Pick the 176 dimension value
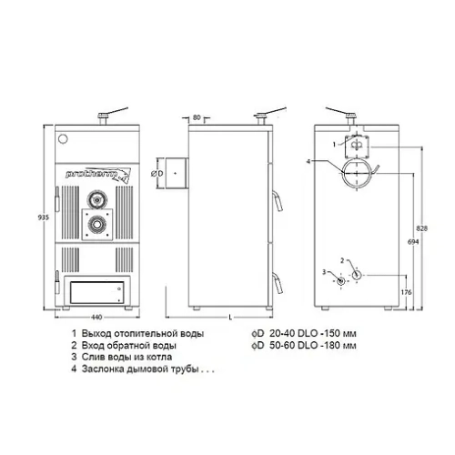406,291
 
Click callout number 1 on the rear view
334,143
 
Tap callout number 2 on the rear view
343,260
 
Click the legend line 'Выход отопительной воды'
136,333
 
